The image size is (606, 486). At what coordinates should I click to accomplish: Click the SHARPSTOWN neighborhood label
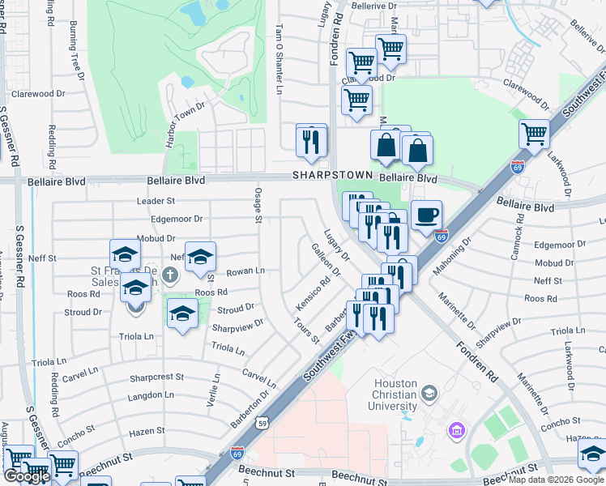pyautogui.click(x=332, y=175)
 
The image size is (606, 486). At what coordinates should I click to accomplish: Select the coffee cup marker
pyautogui.click(x=427, y=215)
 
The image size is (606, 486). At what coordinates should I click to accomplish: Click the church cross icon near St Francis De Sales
pyautogui.click(x=169, y=274)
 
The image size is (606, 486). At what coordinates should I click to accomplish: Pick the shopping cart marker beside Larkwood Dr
pyautogui.click(x=535, y=134)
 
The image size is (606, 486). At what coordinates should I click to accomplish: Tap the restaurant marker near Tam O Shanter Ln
pyautogui.click(x=312, y=141)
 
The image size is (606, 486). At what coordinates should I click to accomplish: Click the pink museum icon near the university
pyautogui.click(x=456, y=428)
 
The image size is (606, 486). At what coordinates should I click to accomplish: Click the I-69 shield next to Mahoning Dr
pyautogui.click(x=441, y=237)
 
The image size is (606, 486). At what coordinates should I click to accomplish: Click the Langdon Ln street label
pyautogui.click(x=151, y=395)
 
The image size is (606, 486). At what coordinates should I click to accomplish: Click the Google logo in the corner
pyautogui.click(x=27, y=476)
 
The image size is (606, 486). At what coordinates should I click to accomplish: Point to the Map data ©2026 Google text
pyautogui.click(x=556, y=480)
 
